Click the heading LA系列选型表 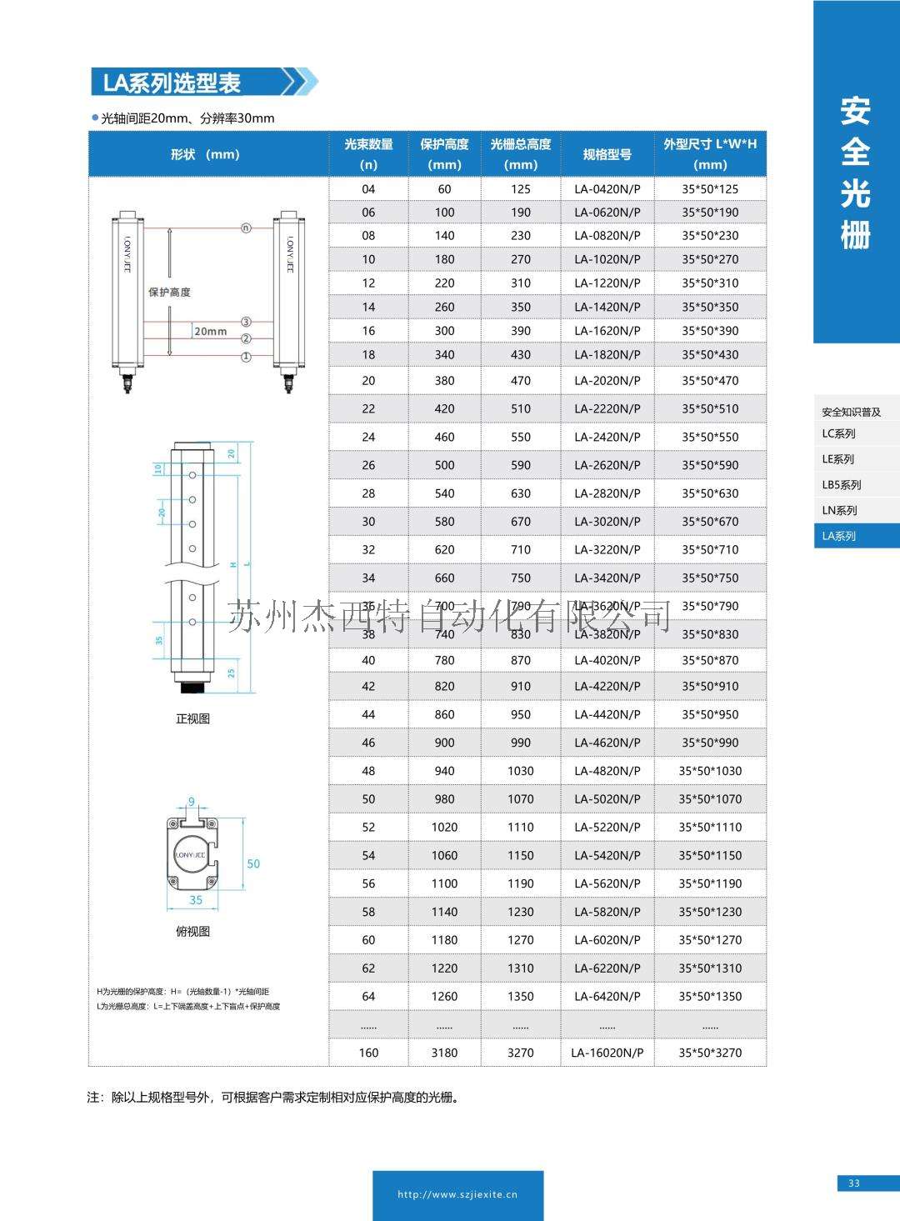coord(172,83)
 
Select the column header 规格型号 coord(607,154)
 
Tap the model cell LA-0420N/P coord(607,189)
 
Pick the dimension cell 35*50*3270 coord(709,1053)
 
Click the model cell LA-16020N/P coord(607,1053)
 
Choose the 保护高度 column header coord(444,153)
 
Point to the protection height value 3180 coord(444,1053)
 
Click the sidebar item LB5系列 coord(841,485)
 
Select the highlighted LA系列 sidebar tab coord(839,536)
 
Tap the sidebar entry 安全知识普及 coord(851,412)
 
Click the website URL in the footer coord(457,1194)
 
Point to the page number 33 coord(854,1183)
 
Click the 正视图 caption coord(192,718)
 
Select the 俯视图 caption coord(192,932)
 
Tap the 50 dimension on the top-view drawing coord(253,863)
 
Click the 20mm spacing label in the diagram coord(210,331)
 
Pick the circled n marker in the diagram coord(246,228)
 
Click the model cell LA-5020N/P coord(607,798)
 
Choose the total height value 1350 coord(520,996)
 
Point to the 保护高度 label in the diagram coord(169,292)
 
